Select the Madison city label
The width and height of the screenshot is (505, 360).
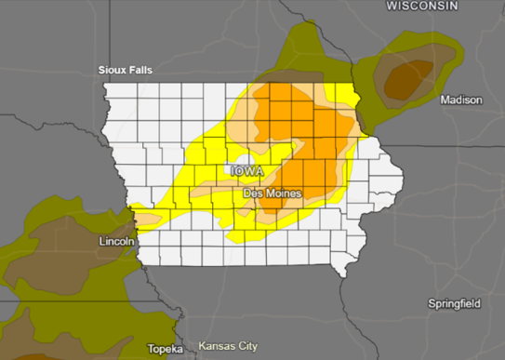point(461,100)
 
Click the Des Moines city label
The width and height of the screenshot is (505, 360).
point(272,193)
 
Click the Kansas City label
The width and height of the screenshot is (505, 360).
point(228,346)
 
